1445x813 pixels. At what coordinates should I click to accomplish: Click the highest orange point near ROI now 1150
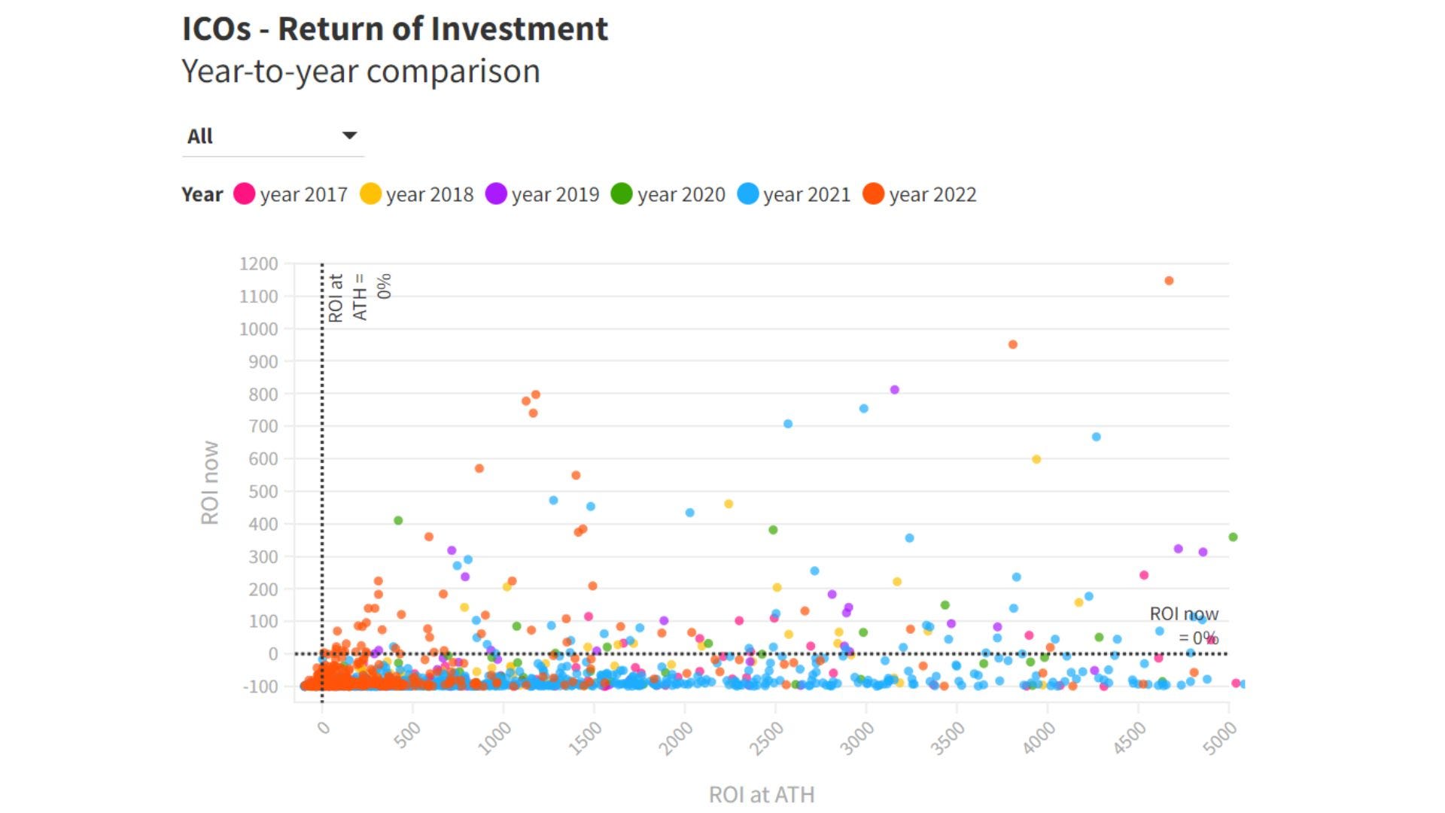[1169, 281]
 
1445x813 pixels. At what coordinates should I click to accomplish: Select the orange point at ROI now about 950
[1013, 345]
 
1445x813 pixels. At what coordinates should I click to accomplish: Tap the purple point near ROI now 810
[895, 390]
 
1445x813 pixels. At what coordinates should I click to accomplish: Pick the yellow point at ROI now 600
[1036, 459]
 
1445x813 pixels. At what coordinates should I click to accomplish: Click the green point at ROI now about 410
[398, 521]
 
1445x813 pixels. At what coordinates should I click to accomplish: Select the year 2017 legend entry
[291, 194]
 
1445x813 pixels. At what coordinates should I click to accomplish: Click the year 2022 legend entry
[919, 194]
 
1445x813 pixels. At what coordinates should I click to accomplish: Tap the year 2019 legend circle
[496, 194]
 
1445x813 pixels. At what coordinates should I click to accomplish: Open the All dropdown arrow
[349, 135]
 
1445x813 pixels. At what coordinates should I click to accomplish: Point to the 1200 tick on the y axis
[259, 264]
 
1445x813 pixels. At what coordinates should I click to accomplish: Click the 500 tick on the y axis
[263, 492]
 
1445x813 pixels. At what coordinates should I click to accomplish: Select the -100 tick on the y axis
[260, 687]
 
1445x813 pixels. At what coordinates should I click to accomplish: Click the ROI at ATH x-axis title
[761, 795]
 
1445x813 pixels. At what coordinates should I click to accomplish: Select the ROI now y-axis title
[210, 483]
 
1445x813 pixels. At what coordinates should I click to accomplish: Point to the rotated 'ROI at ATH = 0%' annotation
[360, 297]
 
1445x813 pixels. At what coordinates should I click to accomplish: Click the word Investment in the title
[519, 29]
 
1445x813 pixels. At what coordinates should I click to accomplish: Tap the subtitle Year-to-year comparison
[360, 72]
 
